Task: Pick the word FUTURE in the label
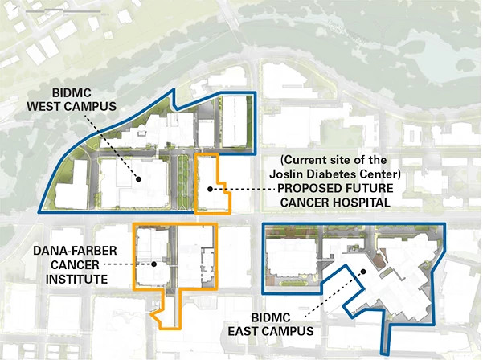[362, 188]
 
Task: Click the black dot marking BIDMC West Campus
[140, 179]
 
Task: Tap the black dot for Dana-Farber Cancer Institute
[152, 263]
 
